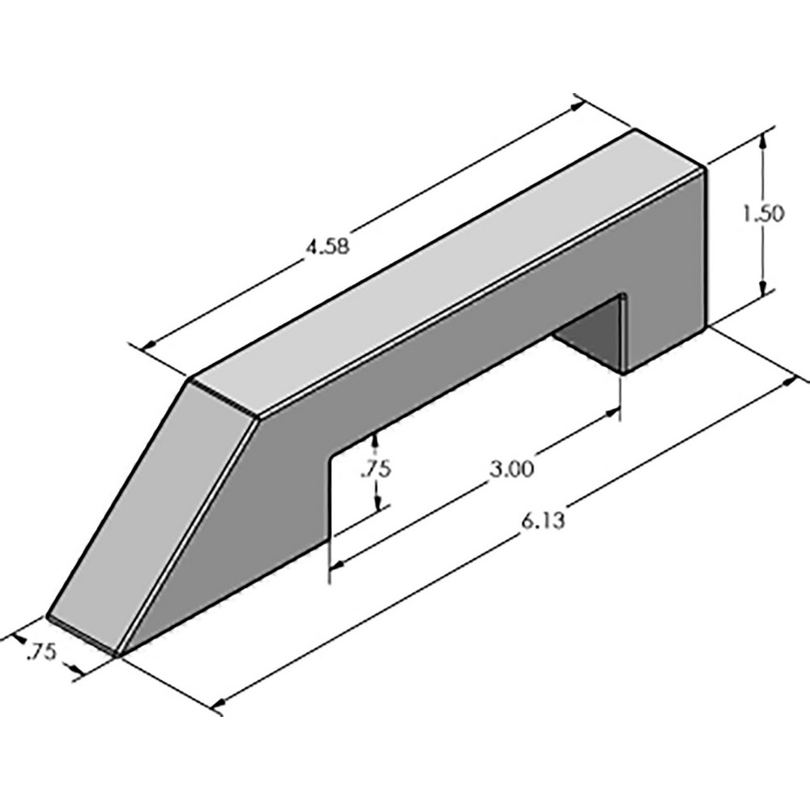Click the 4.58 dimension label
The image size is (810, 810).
coord(327,247)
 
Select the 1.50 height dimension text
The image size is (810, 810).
coord(762,214)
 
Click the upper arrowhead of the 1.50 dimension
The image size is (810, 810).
coord(762,139)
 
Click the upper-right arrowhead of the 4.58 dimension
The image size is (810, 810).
coord(576,104)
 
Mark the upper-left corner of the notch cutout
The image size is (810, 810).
coord(328,458)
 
